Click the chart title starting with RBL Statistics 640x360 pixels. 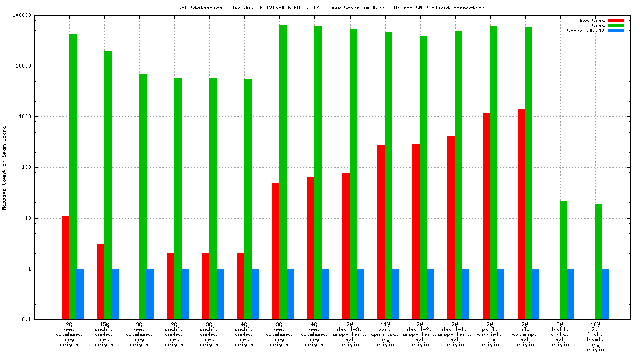331,7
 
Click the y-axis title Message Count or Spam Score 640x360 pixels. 5,167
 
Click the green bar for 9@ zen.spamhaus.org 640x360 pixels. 143,197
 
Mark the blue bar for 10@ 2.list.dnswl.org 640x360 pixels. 606,294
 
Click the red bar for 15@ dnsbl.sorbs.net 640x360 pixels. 101,282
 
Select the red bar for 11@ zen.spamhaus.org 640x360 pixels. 381,232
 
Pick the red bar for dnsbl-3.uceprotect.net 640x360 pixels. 346,246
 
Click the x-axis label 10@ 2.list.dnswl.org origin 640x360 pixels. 595,337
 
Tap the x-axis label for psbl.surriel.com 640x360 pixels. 490,335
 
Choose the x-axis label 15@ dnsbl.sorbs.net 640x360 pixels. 104,335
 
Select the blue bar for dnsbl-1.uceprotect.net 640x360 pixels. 466,294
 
